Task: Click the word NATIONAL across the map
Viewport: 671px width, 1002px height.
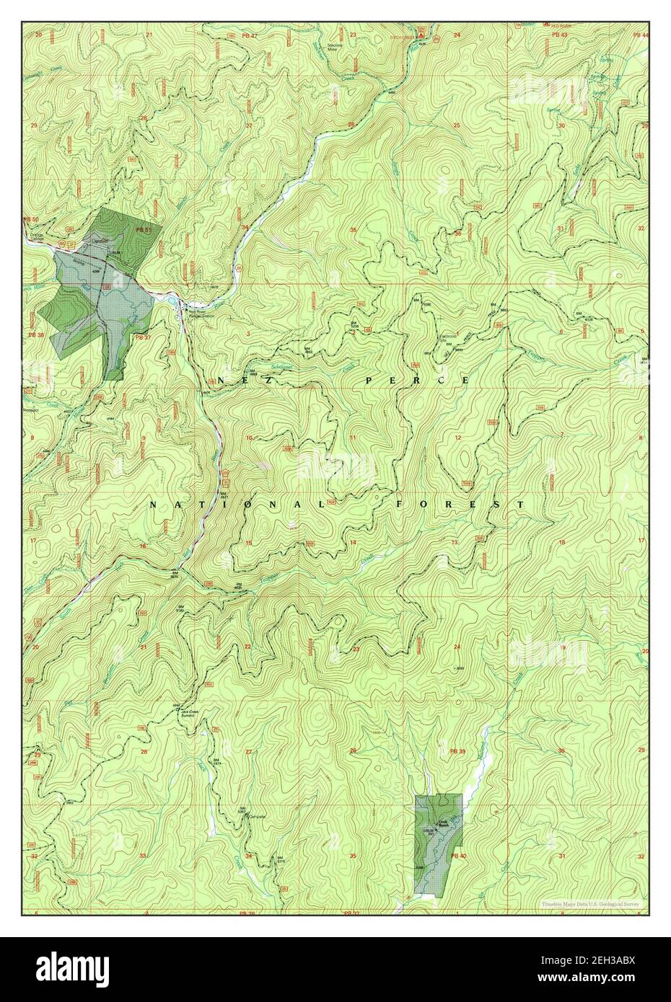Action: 237,505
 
